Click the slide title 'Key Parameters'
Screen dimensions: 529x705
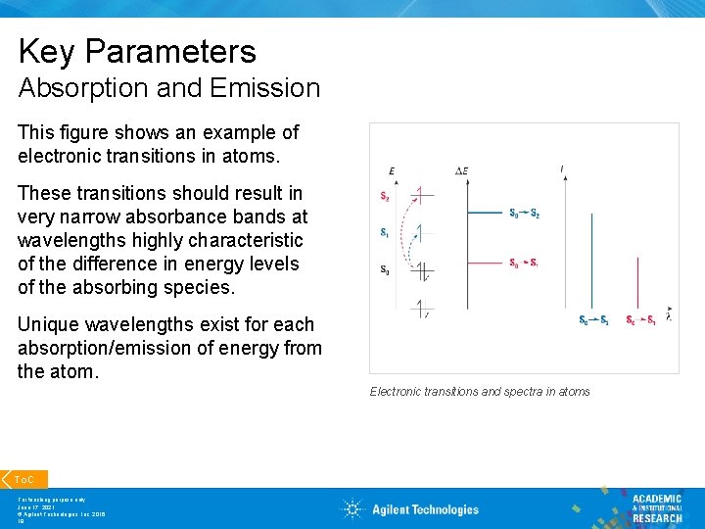(x=137, y=51)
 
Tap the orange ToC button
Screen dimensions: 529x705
(x=24, y=479)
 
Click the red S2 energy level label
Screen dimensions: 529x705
(x=385, y=196)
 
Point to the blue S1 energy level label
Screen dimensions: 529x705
(x=385, y=232)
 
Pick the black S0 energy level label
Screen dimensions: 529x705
(x=385, y=269)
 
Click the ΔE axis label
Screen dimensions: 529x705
(x=462, y=171)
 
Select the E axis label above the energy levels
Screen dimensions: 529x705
(x=392, y=171)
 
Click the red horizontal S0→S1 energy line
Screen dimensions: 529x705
(x=485, y=263)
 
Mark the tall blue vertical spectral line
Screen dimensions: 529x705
(x=591, y=260)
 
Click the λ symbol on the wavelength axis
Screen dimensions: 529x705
(x=669, y=315)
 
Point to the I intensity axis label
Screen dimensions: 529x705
(x=562, y=169)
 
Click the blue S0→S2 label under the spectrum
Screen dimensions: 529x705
(x=593, y=320)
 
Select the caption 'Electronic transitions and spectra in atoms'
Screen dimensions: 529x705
(x=480, y=392)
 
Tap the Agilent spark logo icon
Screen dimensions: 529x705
(x=352, y=508)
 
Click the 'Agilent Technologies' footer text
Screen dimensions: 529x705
(x=425, y=509)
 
